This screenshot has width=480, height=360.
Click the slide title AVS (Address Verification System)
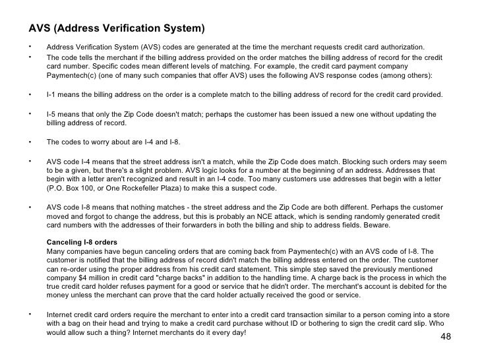click(117, 29)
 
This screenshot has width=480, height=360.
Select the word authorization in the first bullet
click(402, 47)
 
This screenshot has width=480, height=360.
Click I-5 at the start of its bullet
click(51, 114)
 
